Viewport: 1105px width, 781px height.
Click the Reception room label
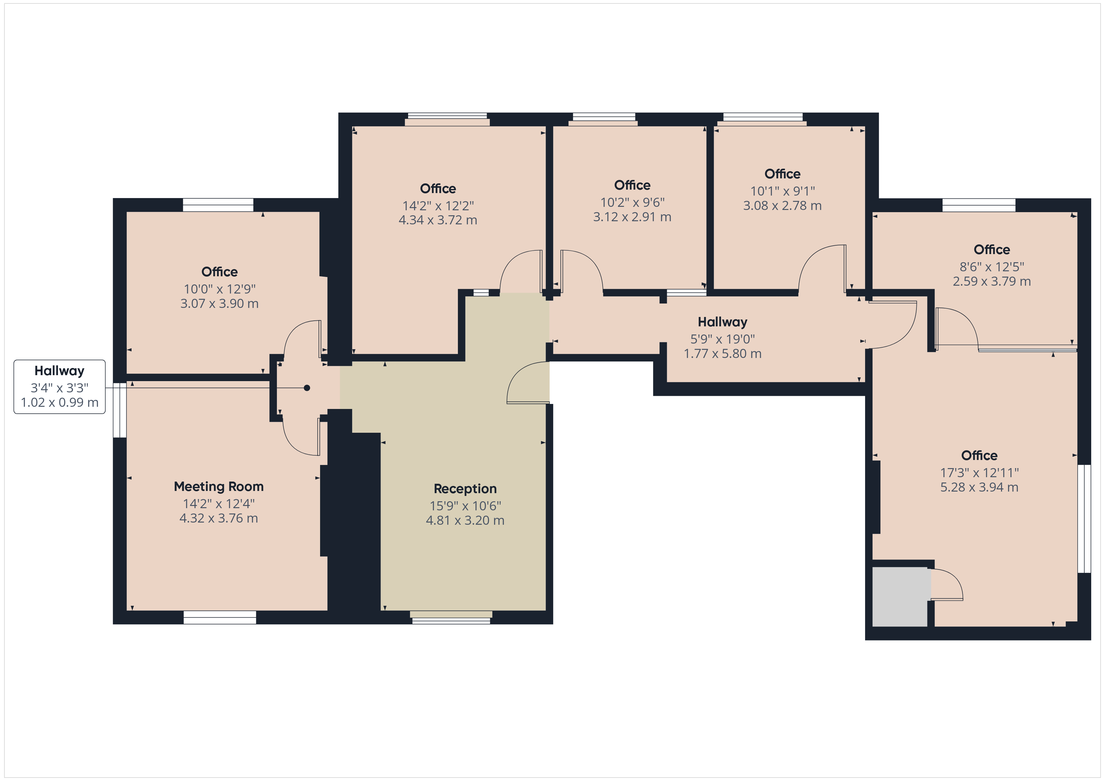click(x=465, y=489)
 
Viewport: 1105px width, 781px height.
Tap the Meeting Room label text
click(x=219, y=487)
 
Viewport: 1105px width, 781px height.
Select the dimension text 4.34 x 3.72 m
click(x=438, y=220)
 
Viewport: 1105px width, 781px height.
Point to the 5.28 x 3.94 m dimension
click(x=979, y=487)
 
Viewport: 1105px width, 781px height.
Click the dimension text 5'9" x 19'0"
click(x=722, y=339)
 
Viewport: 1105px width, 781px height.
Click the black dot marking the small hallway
click(x=307, y=388)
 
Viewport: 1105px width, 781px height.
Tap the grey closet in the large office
click(x=900, y=597)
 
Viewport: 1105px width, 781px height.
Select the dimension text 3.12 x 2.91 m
click(x=632, y=217)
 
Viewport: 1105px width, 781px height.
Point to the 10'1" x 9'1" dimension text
click(x=782, y=191)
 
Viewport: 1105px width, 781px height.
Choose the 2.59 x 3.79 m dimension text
click(x=992, y=281)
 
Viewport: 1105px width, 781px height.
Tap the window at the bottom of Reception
click(x=451, y=617)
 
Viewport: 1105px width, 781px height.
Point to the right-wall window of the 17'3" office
click(x=1084, y=518)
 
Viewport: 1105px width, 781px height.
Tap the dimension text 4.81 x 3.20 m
click(x=465, y=520)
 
